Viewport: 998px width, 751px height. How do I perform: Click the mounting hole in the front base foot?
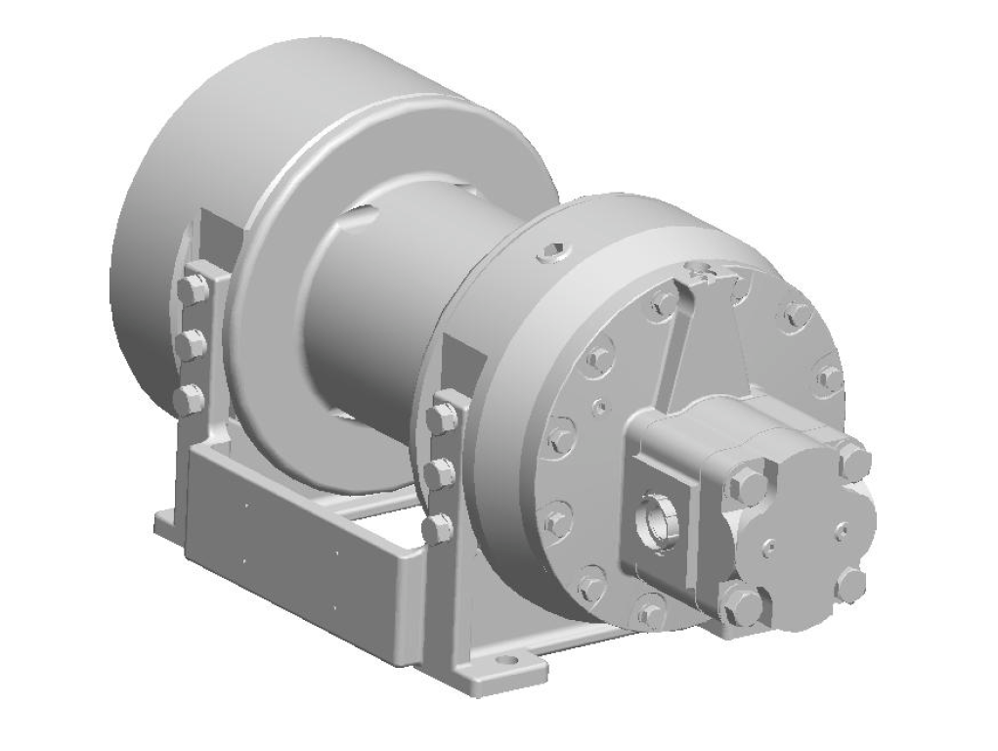[505, 662]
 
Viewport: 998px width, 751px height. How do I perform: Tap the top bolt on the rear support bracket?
[193, 288]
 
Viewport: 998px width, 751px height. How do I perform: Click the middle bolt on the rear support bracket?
[191, 344]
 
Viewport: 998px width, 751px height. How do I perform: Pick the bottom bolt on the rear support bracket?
[188, 399]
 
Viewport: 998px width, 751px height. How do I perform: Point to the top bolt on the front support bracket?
[442, 418]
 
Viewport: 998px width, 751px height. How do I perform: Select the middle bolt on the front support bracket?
[439, 473]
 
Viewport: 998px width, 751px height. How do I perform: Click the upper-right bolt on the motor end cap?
[853, 461]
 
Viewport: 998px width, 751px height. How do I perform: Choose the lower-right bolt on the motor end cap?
[851, 585]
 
